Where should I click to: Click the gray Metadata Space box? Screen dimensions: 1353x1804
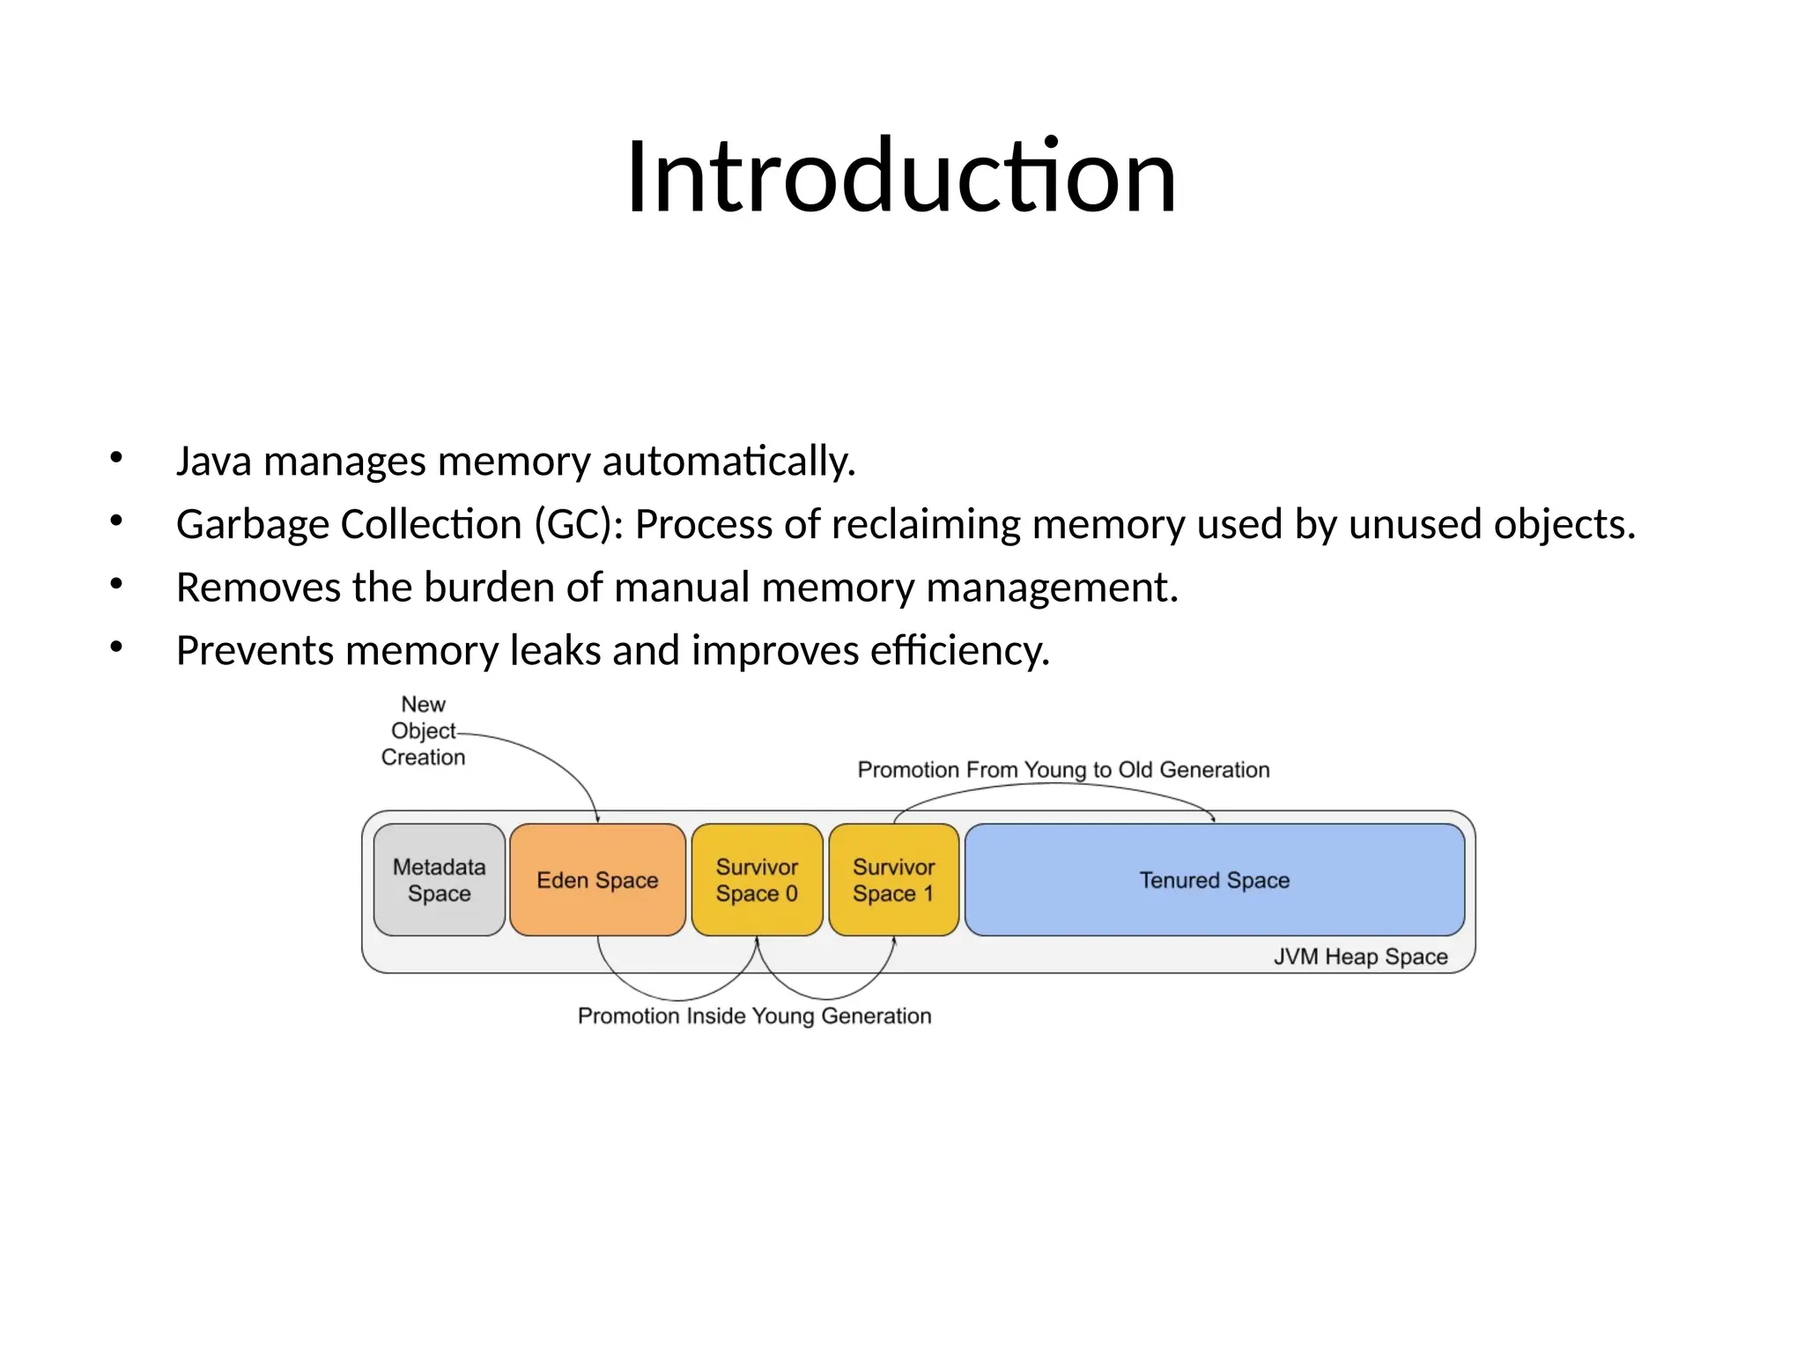(x=439, y=879)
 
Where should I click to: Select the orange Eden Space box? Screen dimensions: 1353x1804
(x=597, y=879)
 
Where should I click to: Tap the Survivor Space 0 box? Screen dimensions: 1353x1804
(x=757, y=879)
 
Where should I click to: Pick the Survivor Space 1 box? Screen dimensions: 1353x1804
(x=893, y=879)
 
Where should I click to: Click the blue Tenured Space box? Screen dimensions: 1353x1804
(x=1214, y=879)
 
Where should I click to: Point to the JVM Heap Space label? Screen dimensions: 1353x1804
(x=1360, y=957)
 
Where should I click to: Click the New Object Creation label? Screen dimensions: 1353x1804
(x=423, y=730)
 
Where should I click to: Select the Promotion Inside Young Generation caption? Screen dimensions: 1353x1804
(x=754, y=1016)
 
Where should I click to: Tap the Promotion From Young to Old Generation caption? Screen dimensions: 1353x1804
(x=1063, y=770)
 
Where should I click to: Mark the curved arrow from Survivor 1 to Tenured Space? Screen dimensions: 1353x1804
(x=1057, y=785)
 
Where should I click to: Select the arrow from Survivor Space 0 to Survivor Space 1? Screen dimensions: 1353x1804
(x=825, y=998)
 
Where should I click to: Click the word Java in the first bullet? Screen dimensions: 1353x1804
(x=213, y=461)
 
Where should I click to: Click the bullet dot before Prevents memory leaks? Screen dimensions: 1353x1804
(x=116, y=647)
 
